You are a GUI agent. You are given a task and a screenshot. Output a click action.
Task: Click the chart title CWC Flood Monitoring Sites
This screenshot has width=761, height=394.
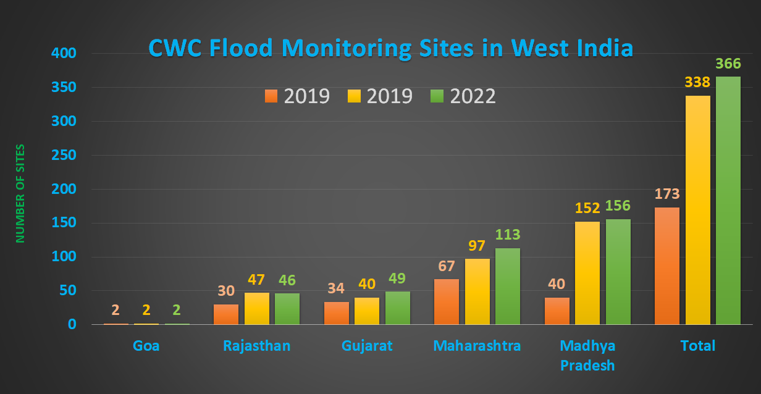(x=390, y=48)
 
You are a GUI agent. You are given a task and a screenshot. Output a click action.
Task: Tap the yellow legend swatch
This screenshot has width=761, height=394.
(x=355, y=96)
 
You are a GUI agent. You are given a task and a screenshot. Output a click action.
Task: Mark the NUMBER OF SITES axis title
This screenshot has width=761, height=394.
(x=20, y=193)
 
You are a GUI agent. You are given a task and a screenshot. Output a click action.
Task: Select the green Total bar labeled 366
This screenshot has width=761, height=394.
(x=728, y=201)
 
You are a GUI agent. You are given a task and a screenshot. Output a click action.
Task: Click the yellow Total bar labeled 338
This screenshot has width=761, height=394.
(x=698, y=210)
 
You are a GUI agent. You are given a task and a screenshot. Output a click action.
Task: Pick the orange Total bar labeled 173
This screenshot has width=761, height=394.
(x=667, y=266)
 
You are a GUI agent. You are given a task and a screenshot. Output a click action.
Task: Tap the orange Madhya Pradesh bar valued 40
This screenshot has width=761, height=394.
(x=557, y=311)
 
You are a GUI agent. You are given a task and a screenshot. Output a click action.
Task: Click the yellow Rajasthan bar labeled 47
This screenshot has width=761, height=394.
(x=257, y=308)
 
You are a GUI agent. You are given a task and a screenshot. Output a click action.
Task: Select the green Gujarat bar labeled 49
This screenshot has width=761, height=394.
(x=398, y=308)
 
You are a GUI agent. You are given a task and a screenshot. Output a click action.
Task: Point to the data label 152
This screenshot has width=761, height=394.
(x=587, y=209)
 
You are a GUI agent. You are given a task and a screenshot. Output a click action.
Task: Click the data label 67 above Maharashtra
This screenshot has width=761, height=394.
(x=447, y=266)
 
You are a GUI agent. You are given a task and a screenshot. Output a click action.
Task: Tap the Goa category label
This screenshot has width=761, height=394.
(x=146, y=345)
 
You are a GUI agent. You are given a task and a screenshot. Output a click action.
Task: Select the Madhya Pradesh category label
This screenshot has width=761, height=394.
(x=587, y=355)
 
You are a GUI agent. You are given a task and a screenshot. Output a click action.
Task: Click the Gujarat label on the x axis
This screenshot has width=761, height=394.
(x=367, y=345)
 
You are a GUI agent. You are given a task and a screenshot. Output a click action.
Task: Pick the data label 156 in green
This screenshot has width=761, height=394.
(x=618, y=206)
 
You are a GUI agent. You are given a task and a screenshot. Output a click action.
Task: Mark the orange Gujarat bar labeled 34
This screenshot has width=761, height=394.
(x=337, y=312)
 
